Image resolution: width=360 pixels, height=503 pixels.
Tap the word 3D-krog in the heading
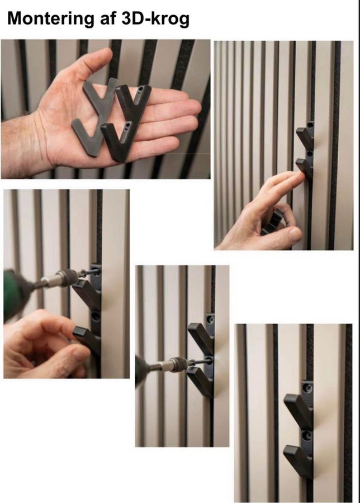pyautogui.click(x=155, y=18)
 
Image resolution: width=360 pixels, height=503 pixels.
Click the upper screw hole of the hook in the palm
pyautogui.click(x=140, y=89)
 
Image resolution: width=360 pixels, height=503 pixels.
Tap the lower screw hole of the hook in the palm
pyautogui.click(x=127, y=125)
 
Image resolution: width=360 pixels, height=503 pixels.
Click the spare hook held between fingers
pyautogui.click(x=273, y=222)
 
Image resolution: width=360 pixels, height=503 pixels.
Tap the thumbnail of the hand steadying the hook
pyautogui.click(x=79, y=353)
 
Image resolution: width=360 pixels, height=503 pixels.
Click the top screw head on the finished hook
pyautogui.click(x=308, y=388)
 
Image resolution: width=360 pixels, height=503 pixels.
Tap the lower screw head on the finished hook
pyautogui.click(x=307, y=436)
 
